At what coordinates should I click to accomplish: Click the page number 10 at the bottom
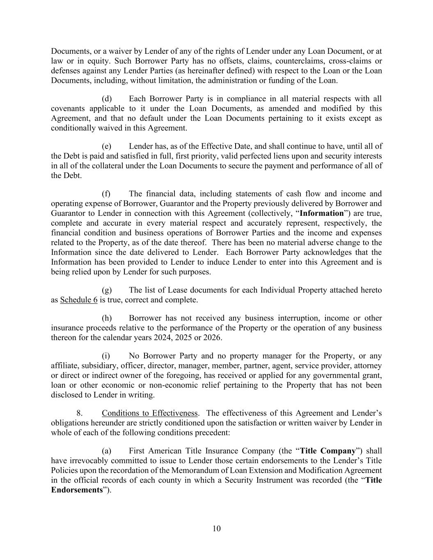coord(216,528)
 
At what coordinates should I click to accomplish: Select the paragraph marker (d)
coord(107,99)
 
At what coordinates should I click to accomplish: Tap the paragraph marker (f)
coord(106,194)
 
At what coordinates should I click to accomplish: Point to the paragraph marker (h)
coord(107,318)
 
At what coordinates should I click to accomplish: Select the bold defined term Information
coord(321,213)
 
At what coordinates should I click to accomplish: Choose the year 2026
coord(213,338)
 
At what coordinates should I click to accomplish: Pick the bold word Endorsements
coord(77,490)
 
